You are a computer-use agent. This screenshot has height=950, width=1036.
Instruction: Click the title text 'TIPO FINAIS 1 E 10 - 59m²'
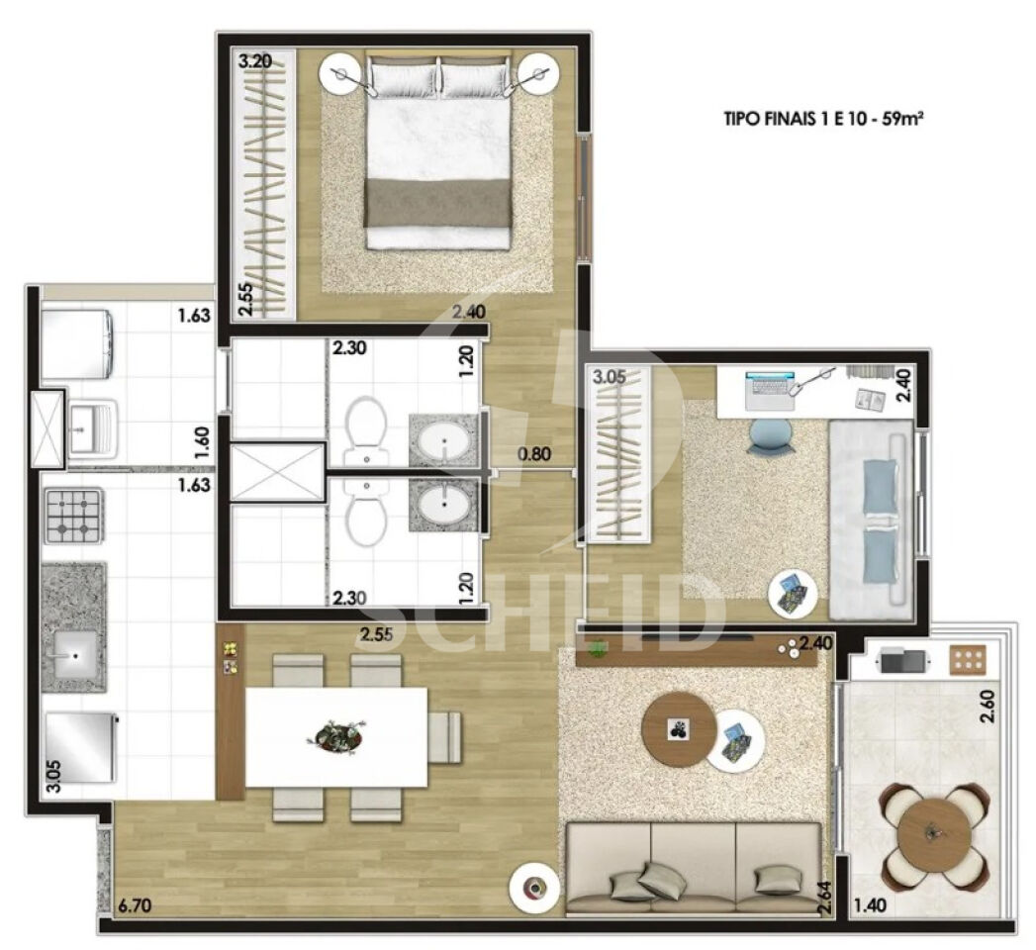tap(823, 120)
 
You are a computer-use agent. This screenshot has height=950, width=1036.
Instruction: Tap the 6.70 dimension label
tap(135, 904)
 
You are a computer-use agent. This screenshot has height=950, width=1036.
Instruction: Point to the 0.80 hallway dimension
tap(534, 454)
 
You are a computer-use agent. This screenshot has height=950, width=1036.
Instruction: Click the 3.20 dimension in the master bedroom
tap(255, 62)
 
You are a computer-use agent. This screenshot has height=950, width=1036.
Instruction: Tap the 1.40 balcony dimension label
tap(870, 904)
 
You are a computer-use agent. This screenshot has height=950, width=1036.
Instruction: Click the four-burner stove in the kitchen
tap(74, 516)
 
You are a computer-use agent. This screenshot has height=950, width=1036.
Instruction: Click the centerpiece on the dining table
tap(336, 735)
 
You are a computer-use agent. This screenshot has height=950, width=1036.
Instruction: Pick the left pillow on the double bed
tap(403, 74)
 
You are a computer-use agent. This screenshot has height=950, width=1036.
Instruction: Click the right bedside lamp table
tap(538, 74)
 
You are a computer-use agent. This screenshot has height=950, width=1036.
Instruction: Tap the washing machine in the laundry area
tap(76, 343)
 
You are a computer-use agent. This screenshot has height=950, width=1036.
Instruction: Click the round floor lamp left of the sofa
tap(532, 886)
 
